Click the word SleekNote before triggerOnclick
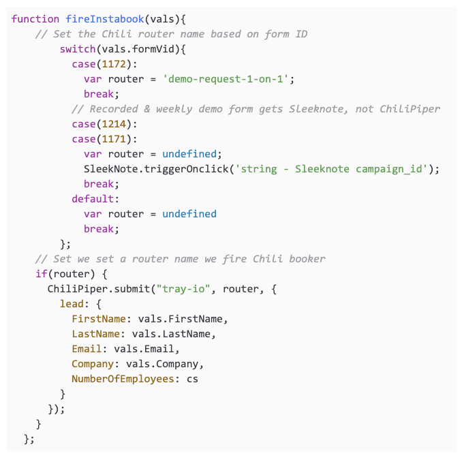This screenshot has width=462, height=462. (x=108, y=169)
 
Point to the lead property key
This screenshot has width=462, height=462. (x=72, y=304)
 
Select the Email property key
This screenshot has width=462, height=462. (x=87, y=349)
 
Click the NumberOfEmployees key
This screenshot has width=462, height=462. (x=123, y=379)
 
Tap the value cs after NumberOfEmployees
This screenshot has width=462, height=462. (x=192, y=379)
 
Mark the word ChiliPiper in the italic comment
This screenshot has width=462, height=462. (x=410, y=109)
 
